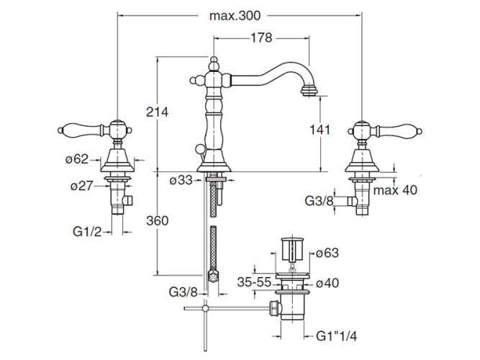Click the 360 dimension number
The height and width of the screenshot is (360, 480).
tap(157, 221)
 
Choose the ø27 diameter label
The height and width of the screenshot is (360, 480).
tap(83, 186)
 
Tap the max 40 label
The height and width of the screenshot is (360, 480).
tap(395, 189)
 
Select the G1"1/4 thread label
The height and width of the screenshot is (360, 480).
tap(336, 336)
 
